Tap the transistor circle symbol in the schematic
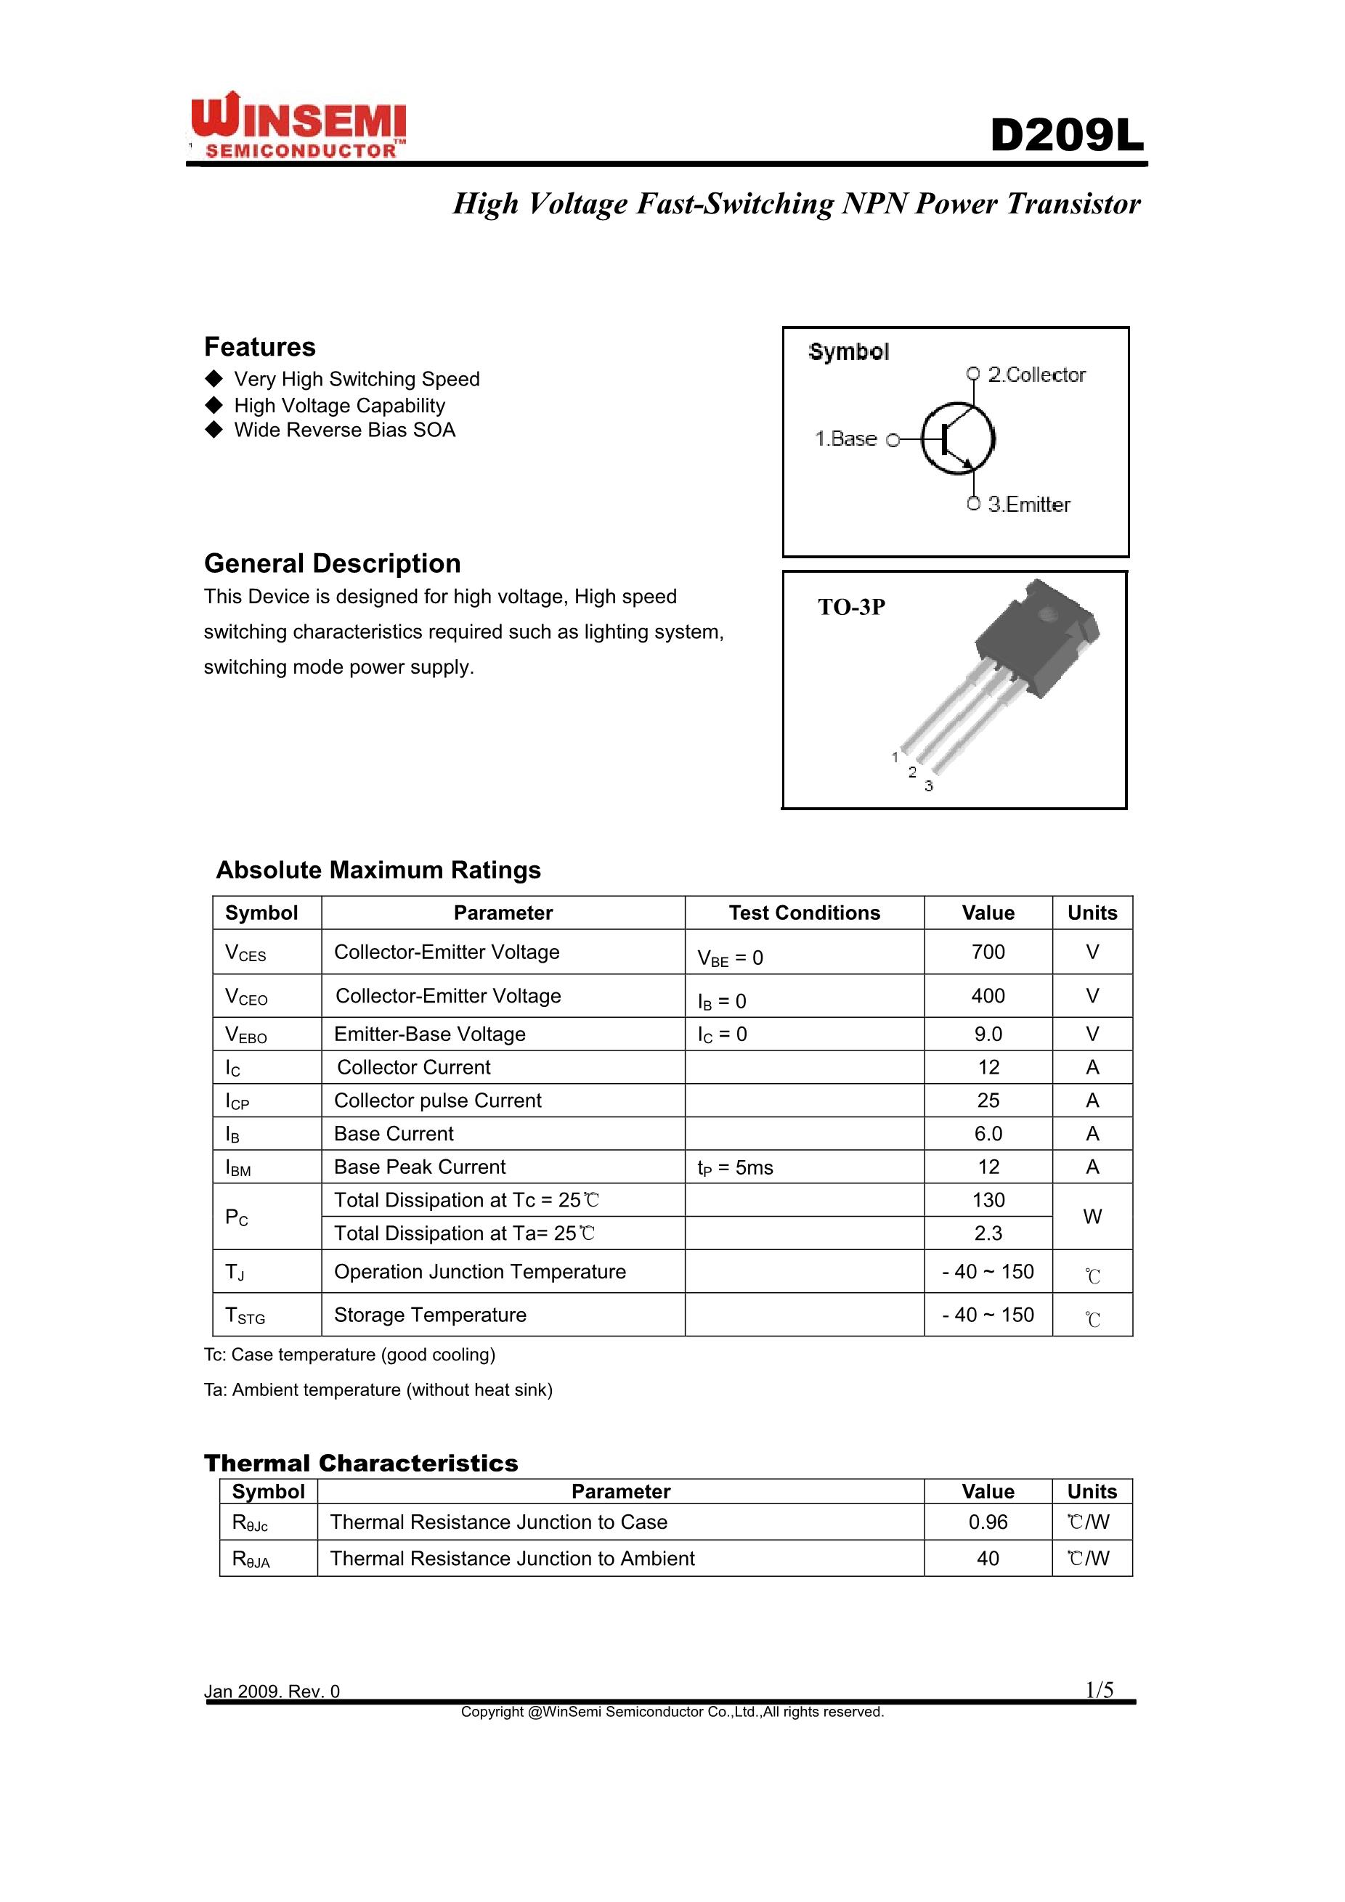point(959,438)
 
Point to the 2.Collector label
point(1036,375)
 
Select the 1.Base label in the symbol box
point(845,439)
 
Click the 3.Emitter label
point(1028,505)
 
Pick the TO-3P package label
point(851,607)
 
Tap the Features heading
point(259,346)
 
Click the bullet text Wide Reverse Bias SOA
point(344,430)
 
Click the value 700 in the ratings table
point(988,952)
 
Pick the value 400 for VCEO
point(988,996)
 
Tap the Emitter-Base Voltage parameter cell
point(429,1034)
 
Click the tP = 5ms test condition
point(734,1167)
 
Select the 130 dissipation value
point(988,1199)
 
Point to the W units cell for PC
point(1092,1216)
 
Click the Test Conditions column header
point(804,913)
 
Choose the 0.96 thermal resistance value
point(988,1522)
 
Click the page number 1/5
point(1100,1690)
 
